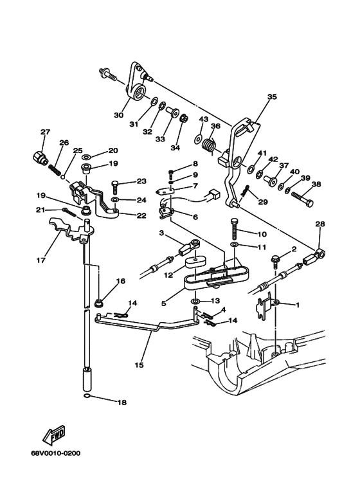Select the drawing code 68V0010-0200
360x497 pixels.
[55, 453]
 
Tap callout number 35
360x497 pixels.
[272, 96]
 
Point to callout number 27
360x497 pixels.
[45, 132]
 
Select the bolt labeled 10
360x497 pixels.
[235, 229]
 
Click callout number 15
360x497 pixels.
[139, 365]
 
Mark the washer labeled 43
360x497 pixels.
[199, 138]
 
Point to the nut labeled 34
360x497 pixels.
[184, 118]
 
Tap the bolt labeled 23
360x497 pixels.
[114, 188]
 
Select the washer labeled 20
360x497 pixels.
[86, 157]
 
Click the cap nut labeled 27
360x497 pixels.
[40, 157]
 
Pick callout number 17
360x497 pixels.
[41, 260]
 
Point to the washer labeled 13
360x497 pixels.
[195, 300]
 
